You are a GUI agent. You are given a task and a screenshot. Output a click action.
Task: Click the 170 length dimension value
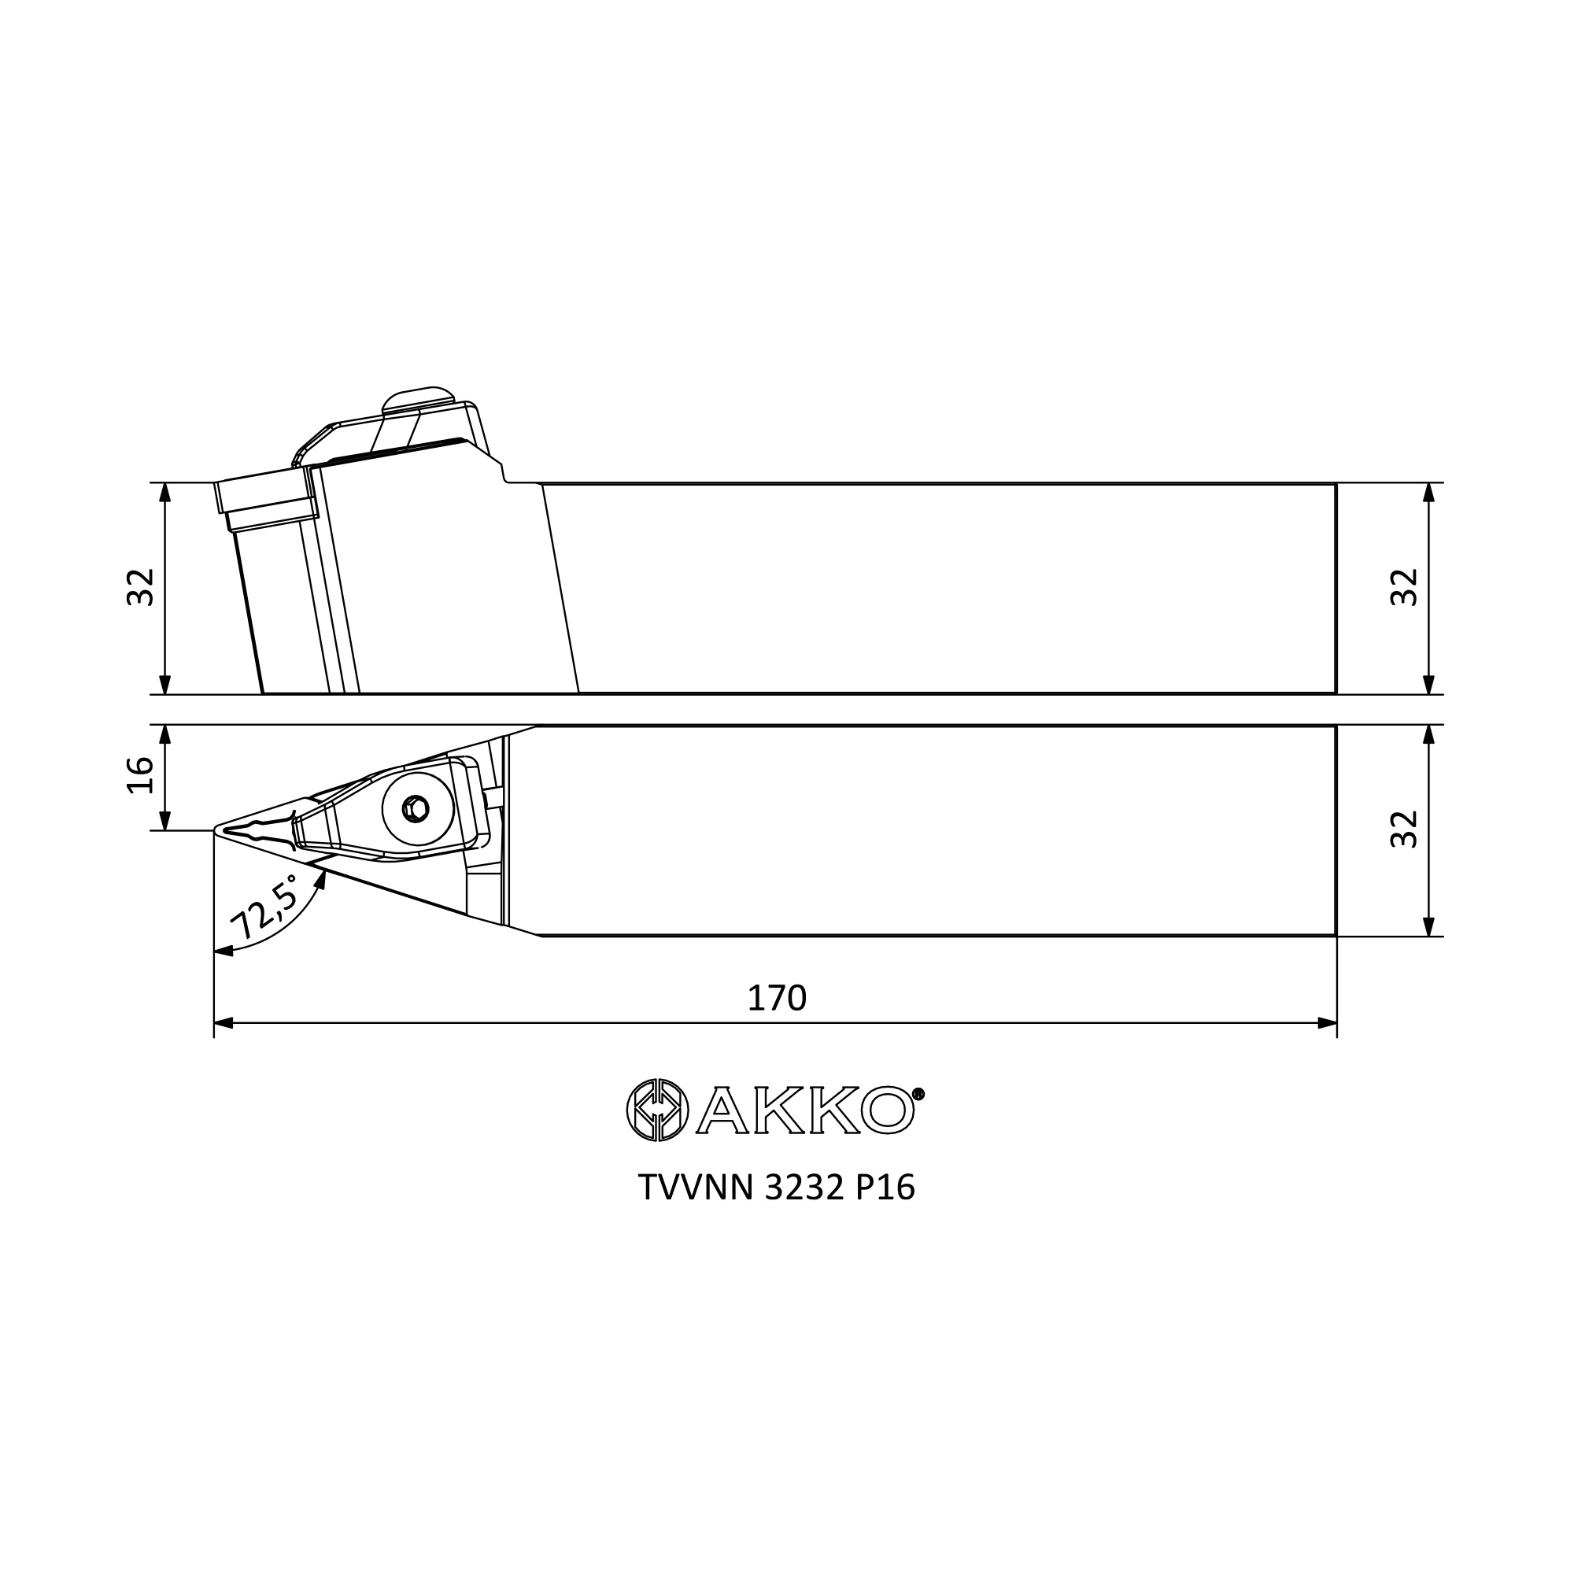(x=777, y=998)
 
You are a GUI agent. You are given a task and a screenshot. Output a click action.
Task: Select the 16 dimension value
(x=141, y=774)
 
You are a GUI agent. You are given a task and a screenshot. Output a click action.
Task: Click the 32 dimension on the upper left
(x=141, y=586)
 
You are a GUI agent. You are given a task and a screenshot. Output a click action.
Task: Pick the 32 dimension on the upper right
(x=1404, y=586)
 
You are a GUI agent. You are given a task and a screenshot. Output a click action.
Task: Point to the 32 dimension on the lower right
(x=1404, y=829)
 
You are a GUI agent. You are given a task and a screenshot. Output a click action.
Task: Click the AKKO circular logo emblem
(x=656, y=1110)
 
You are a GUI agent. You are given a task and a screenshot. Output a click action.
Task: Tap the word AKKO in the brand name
(x=804, y=1110)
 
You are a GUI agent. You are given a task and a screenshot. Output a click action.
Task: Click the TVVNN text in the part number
(x=697, y=1188)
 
